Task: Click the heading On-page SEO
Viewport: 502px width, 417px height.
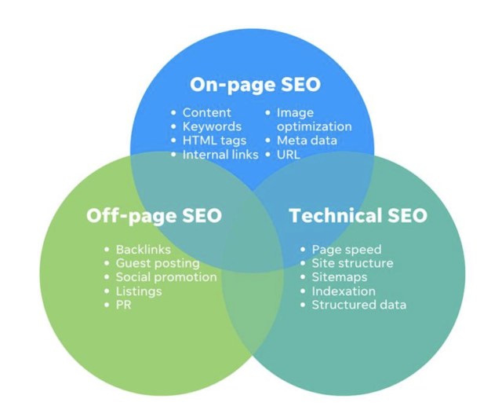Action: tap(255, 85)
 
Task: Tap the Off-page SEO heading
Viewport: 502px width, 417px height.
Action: tap(154, 215)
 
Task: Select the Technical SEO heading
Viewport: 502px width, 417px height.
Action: tap(358, 215)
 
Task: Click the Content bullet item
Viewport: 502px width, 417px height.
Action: tap(207, 112)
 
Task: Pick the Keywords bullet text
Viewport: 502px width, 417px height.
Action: tap(212, 126)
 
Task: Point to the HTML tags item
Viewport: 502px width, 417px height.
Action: tap(214, 141)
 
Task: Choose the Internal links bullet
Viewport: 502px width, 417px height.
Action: tap(220, 155)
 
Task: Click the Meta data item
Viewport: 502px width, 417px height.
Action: tap(307, 141)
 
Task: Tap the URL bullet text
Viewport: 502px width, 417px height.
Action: tap(288, 155)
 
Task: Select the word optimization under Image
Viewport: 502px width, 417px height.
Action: tap(314, 126)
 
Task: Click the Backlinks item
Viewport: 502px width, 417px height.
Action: tap(144, 249)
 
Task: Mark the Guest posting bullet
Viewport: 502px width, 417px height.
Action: tap(158, 263)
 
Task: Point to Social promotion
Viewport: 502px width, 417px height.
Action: tap(166, 277)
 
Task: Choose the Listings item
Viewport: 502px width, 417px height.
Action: tap(139, 291)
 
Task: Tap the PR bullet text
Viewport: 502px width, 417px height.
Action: tap(123, 305)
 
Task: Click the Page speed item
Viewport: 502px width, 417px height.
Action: tap(346, 250)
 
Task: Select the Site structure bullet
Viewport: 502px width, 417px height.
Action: tap(352, 263)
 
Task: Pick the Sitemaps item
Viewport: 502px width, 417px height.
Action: tap(339, 277)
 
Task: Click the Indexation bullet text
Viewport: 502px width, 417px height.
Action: tap(344, 291)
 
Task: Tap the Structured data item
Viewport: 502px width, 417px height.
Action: tap(358, 305)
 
